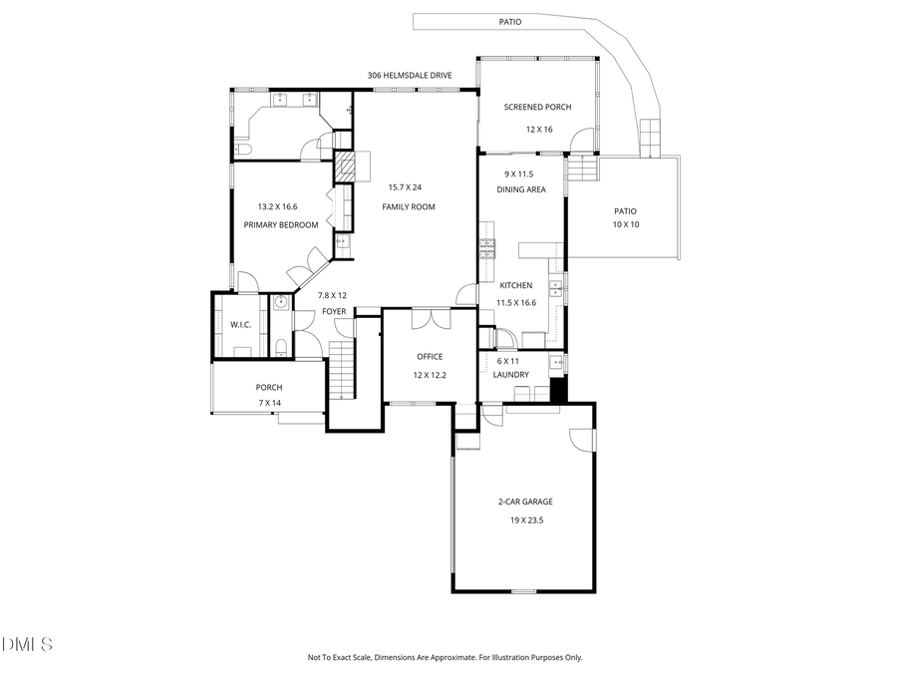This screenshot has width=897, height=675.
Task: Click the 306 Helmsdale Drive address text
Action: pyautogui.click(x=410, y=75)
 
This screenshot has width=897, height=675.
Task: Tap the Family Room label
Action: pyautogui.click(x=409, y=206)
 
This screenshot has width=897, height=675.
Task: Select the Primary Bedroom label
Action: pyautogui.click(x=281, y=225)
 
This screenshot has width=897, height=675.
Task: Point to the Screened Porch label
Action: pyautogui.click(x=537, y=107)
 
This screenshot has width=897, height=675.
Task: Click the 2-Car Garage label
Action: pyautogui.click(x=525, y=502)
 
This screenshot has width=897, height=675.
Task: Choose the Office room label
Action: pyautogui.click(x=430, y=356)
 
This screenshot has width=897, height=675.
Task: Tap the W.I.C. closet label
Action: pyautogui.click(x=240, y=324)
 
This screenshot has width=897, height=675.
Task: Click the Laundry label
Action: pyautogui.click(x=511, y=375)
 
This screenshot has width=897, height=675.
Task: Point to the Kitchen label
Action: pyautogui.click(x=516, y=285)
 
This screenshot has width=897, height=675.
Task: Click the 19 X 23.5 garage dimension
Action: pyautogui.click(x=525, y=519)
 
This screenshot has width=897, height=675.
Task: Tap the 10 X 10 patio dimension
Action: pyautogui.click(x=625, y=225)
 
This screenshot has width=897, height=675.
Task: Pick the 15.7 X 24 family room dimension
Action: pyautogui.click(x=405, y=187)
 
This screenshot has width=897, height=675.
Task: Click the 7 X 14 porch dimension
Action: pyautogui.click(x=269, y=403)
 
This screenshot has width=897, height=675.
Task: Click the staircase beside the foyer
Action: pyautogui.click(x=342, y=368)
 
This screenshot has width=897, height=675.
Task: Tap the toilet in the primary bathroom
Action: pyautogui.click(x=242, y=149)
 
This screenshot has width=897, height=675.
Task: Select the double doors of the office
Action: pyautogui.click(x=430, y=319)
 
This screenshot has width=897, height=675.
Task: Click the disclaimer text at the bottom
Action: pyautogui.click(x=445, y=657)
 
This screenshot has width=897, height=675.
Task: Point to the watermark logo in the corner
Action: pyautogui.click(x=27, y=646)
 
